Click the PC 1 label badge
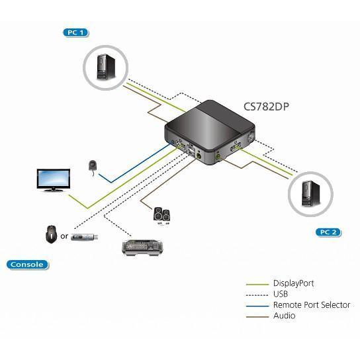click(75, 32)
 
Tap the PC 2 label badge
click(328, 232)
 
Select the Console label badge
click(27, 265)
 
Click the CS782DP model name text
click(266, 107)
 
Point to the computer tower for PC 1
click(106, 67)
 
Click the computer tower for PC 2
click(310, 193)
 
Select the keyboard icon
click(142, 247)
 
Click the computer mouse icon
click(51, 234)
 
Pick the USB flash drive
click(85, 236)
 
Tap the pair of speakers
click(162, 215)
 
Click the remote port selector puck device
click(93, 165)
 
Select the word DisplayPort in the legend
click(293, 283)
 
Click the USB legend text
click(281, 294)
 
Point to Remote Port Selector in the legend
click(312, 305)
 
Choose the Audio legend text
click(285, 316)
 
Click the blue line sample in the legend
click(257, 306)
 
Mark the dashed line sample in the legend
click(257, 295)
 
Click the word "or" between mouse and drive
click(64, 236)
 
